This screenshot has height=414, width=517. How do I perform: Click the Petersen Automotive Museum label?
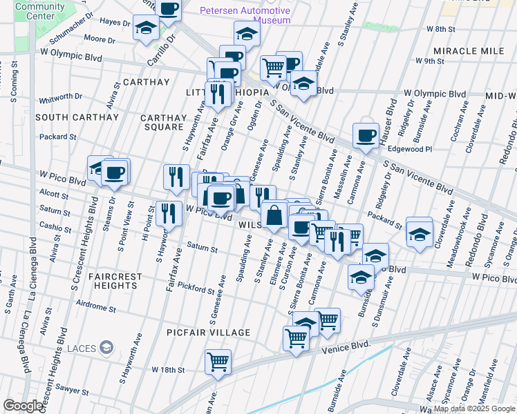(245, 15)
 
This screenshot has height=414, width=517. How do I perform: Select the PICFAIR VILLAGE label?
(208, 333)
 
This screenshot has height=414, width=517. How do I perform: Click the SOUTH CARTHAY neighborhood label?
(77, 117)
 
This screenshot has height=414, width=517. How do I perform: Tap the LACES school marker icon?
(106, 347)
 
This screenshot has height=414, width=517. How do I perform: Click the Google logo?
(23, 406)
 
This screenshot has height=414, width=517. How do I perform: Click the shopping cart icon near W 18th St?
(218, 360)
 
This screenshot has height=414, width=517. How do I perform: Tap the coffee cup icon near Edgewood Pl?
(365, 135)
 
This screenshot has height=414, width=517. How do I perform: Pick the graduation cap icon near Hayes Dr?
(147, 28)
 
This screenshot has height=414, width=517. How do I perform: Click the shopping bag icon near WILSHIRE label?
(274, 214)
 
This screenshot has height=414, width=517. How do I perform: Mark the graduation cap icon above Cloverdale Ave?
(419, 230)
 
